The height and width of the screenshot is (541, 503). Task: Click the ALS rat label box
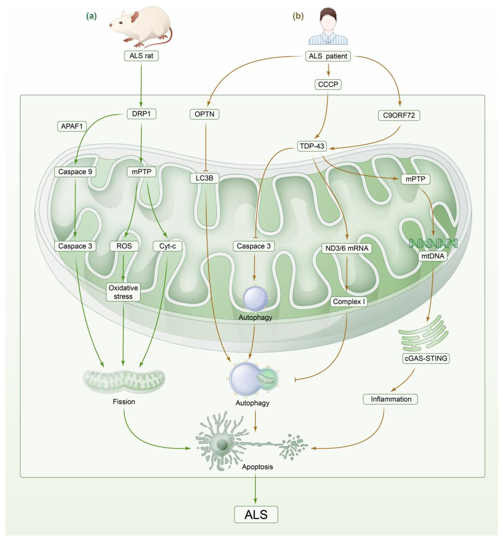[x=141, y=56]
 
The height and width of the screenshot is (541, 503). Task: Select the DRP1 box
[x=141, y=114]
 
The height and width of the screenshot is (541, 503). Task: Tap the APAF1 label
[x=72, y=126]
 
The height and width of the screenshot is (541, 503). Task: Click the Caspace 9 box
[x=75, y=172]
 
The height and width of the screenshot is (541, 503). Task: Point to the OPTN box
[x=204, y=114]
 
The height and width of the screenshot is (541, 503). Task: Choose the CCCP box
[x=328, y=84]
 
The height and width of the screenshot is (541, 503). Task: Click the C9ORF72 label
[x=399, y=115]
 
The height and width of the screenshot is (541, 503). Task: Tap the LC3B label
[x=204, y=178]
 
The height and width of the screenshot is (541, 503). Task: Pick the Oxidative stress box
[x=123, y=292]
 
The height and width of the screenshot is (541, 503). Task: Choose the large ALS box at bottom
[x=256, y=514]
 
